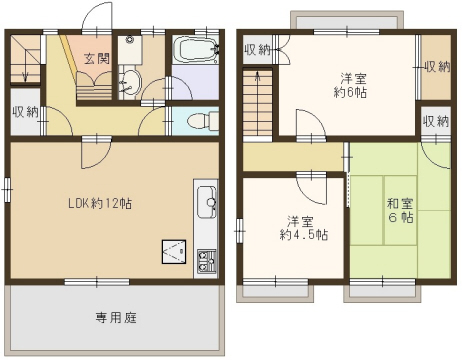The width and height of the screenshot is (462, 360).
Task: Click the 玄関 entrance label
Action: (96, 59)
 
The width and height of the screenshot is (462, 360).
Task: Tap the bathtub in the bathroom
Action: (196, 50)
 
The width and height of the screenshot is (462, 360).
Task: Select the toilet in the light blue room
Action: (203, 120)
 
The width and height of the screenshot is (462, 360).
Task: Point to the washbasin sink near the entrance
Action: (130, 82)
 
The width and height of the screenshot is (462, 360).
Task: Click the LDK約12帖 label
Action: (100, 203)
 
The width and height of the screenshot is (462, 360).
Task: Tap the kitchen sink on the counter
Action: (206, 202)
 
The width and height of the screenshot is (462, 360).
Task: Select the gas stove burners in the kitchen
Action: (206, 261)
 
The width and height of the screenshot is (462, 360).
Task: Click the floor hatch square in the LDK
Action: (174, 252)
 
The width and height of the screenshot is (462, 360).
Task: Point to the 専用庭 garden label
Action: (116, 318)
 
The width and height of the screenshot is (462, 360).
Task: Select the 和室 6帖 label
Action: (400, 210)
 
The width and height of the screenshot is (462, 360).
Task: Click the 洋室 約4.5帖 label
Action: (304, 228)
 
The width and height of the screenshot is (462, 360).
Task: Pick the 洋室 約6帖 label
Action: (350, 85)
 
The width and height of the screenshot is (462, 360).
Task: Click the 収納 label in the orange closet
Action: (437, 67)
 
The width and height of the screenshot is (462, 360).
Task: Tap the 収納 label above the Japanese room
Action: (436, 121)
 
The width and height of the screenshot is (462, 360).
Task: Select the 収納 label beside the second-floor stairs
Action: (258, 50)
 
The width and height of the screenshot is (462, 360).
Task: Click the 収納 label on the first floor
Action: (25, 111)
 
